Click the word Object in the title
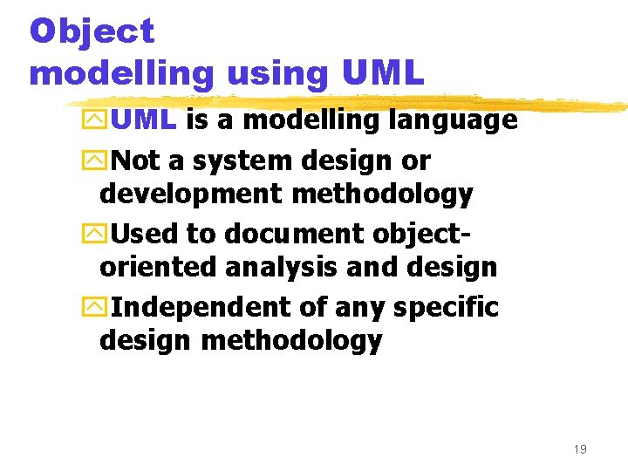click(92, 31)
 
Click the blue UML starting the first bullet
click(144, 119)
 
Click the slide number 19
click(580, 449)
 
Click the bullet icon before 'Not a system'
click(100, 161)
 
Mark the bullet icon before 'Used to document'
click(100, 235)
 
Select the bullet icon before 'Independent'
click(100, 308)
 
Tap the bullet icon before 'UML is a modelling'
click(100, 120)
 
